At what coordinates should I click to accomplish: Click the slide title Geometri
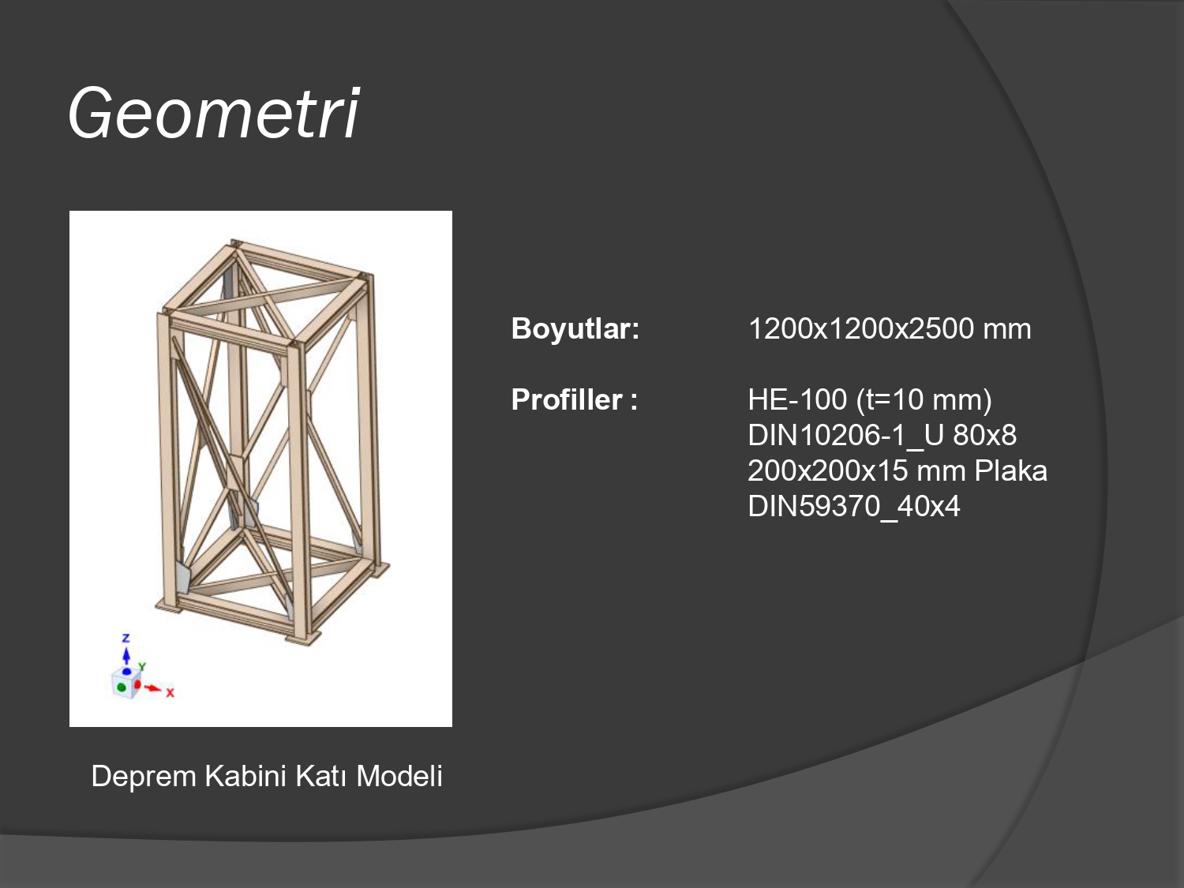(214, 113)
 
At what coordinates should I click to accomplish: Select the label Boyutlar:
(575, 329)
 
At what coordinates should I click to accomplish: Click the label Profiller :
(574, 399)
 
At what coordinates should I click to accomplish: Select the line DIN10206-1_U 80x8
(882, 435)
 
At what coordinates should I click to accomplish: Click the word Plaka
(1010, 470)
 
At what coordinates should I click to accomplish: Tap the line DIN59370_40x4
(854, 506)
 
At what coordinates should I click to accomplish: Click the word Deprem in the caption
(144, 777)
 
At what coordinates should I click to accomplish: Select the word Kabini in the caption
(245, 777)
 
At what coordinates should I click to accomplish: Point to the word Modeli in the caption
(399, 777)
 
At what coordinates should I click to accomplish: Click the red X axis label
(170, 693)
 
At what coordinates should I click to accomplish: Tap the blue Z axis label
(126, 638)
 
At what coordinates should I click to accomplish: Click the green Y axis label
(142, 667)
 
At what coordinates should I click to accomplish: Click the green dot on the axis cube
(122, 687)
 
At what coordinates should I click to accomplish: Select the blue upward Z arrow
(126, 656)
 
